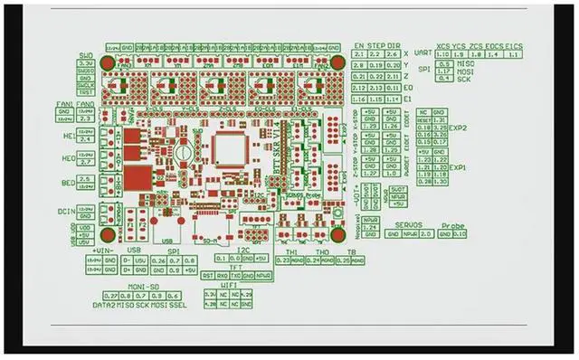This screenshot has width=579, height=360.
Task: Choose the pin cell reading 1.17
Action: coord(444,71)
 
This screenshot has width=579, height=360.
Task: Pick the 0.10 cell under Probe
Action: coord(460,234)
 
